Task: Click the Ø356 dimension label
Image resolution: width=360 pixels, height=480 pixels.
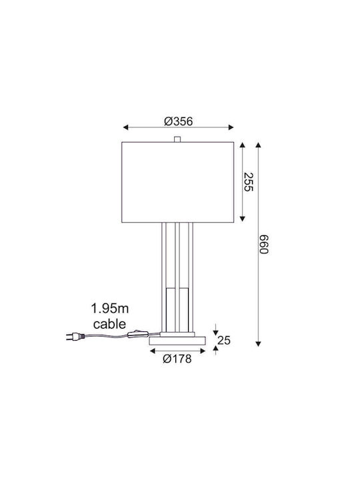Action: click(179, 121)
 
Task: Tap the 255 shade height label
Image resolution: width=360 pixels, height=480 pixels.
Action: click(249, 182)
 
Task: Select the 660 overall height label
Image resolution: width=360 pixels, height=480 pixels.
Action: click(263, 244)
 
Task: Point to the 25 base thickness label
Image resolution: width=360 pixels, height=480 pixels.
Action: click(224, 340)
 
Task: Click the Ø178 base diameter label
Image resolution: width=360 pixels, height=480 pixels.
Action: click(177, 359)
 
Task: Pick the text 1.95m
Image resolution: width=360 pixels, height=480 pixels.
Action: click(109, 308)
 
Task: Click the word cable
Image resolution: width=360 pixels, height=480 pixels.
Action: click(109, 324)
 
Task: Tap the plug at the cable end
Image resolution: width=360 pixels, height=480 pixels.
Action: click(75, 337)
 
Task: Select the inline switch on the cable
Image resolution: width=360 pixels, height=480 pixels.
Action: click(138, 334)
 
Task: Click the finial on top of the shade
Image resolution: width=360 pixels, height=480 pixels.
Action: click(177, 139)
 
